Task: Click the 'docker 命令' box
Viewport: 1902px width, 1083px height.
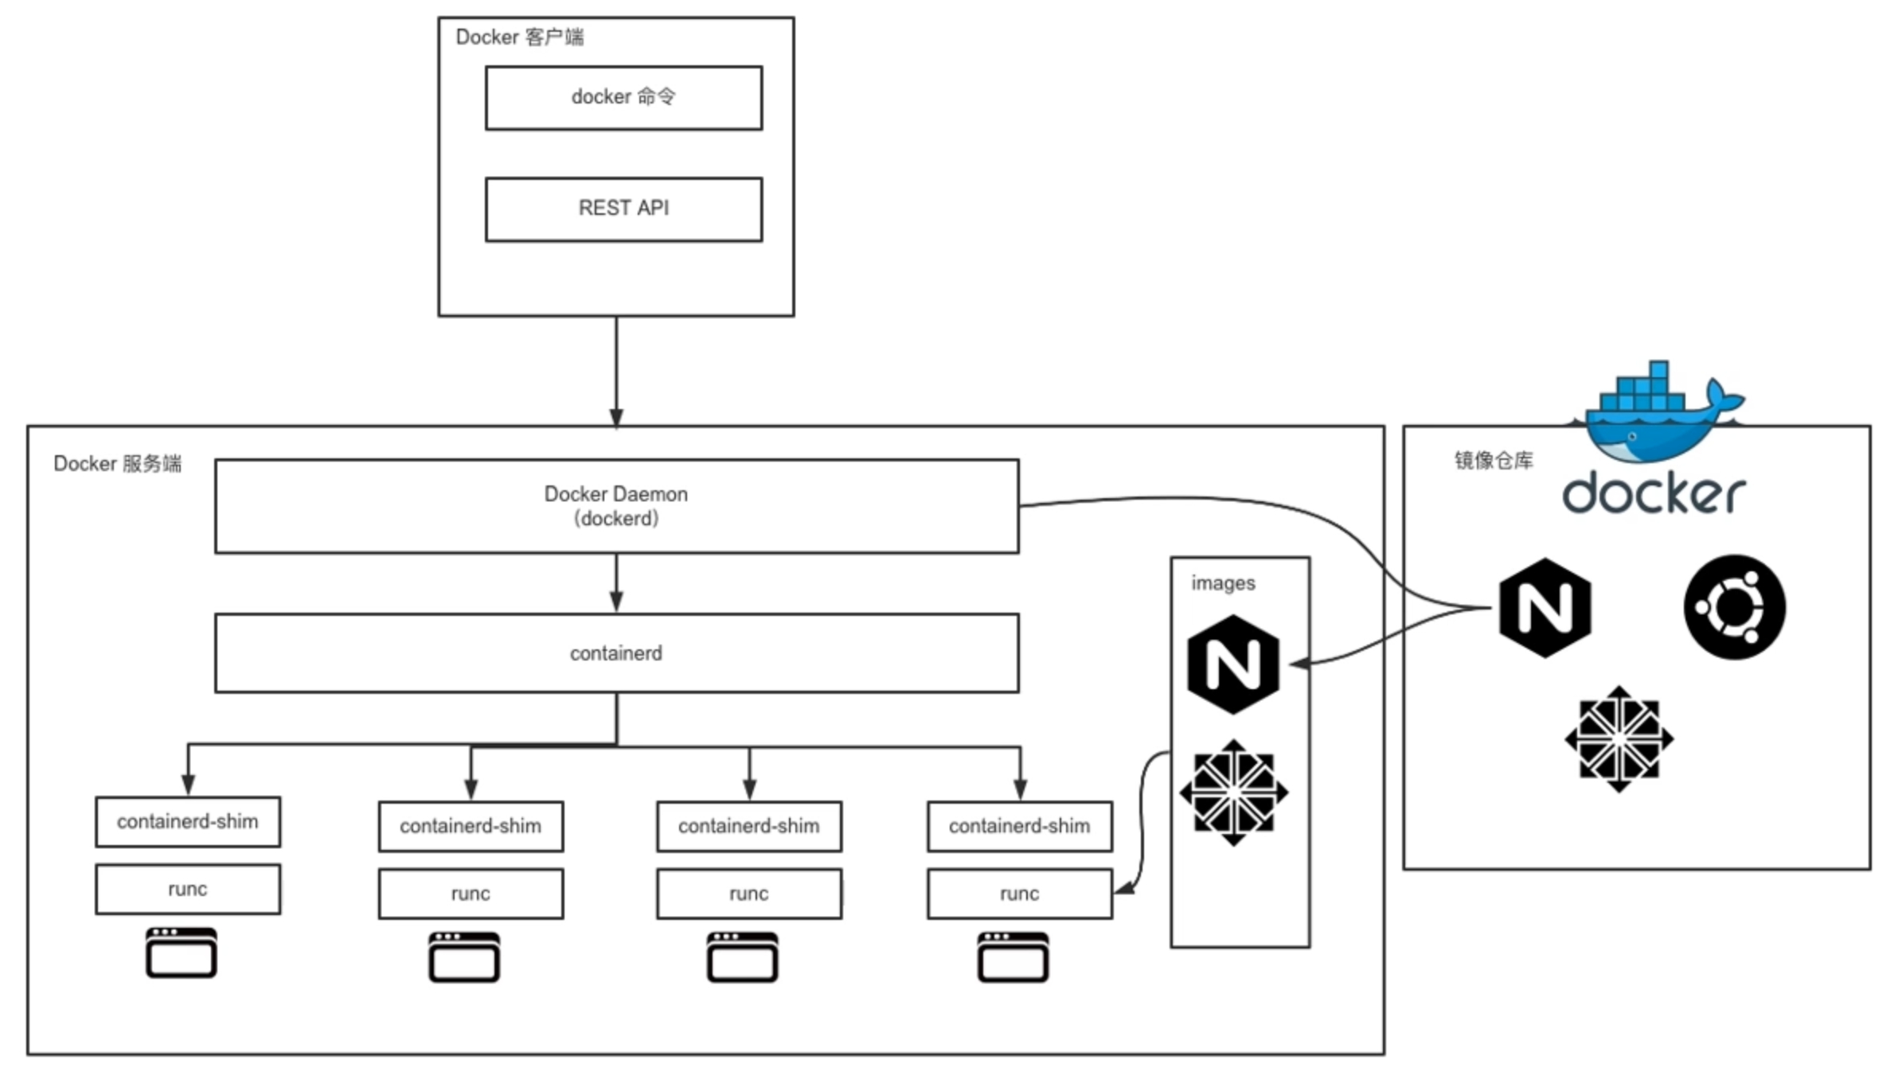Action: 623,98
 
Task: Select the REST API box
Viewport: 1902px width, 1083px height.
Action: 623,208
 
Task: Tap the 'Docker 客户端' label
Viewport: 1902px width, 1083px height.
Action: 519,37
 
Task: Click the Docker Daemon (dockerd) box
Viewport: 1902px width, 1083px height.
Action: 616,506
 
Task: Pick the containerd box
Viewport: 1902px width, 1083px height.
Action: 616,653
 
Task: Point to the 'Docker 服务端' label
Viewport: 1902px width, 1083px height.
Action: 117,464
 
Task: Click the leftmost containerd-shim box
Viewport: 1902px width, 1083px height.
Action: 188,822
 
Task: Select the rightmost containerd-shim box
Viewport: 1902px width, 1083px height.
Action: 1019,827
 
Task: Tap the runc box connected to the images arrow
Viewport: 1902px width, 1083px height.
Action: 1019,894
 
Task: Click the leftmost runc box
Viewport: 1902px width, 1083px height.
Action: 188,890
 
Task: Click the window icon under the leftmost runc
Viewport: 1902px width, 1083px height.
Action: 182,953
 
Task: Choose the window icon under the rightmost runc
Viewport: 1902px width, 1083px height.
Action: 1013,958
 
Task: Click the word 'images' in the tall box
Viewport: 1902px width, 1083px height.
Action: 1223,583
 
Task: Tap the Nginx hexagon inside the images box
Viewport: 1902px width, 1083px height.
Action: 1233,664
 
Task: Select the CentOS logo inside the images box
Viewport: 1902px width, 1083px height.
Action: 1233,793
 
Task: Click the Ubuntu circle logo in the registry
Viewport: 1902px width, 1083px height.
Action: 1734,608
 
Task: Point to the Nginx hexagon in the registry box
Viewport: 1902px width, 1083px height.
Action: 1545,608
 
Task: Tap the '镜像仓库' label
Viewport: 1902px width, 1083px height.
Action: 1493,461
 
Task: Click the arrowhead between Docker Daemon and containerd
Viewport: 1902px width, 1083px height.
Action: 616,601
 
